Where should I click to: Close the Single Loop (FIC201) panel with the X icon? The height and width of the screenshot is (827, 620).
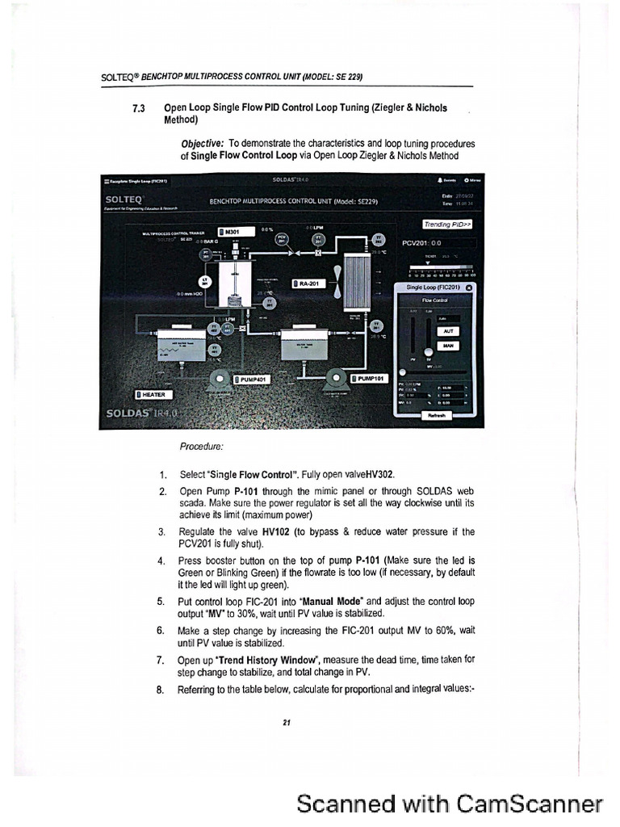pyautogui.click(x=470, y=287)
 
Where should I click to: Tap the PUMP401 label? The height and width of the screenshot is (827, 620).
pyautogui.click(x=253, y=379)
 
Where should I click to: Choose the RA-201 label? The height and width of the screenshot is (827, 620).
pyautogui.click(x=307, y=283)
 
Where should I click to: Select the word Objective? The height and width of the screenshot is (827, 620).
pyautogui.click(x=203, y=141)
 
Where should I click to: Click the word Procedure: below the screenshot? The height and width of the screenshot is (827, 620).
pyautogui.click(x=202, y=445)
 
